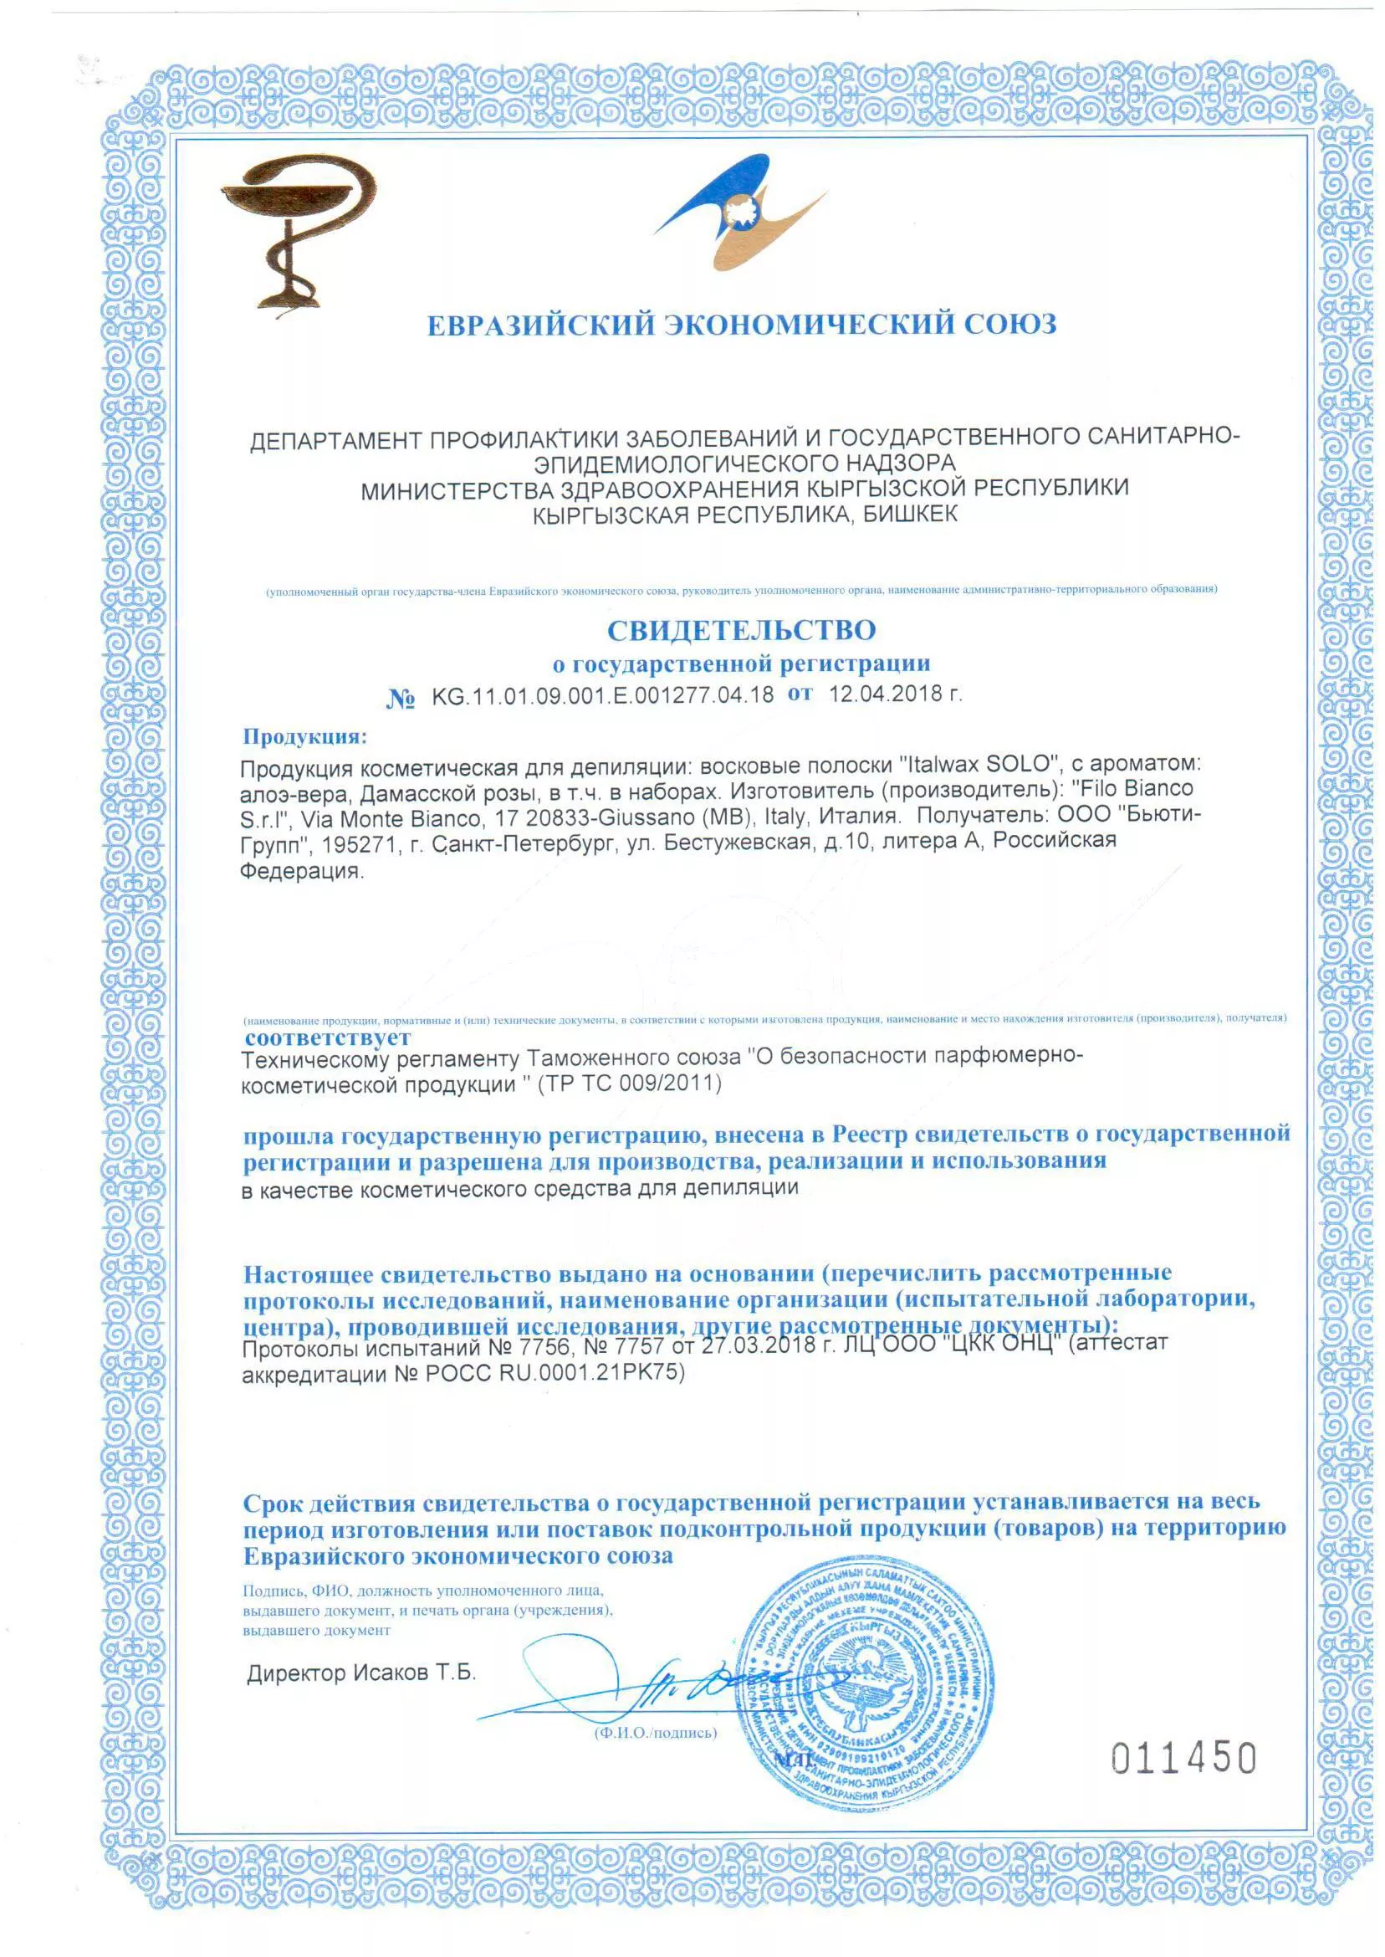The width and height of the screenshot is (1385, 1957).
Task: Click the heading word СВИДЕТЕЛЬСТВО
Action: tap(741, 630)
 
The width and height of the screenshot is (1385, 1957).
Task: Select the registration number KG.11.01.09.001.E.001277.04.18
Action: tap(602, 695)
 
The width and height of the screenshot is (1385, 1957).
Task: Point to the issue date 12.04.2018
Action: tap(887, 694)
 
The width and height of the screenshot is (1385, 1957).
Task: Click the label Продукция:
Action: tap(304, 735)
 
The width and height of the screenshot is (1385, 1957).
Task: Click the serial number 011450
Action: tap(1183, 1758)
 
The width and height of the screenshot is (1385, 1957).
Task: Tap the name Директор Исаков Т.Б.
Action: tap(360, 1673)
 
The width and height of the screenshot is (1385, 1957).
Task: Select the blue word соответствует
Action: tap(328, 1037)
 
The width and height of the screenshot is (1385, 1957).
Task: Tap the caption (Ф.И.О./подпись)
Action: tap(655, 1733)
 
